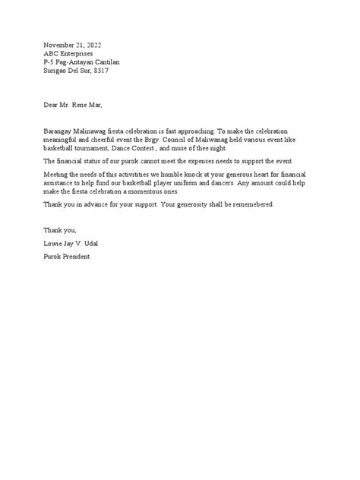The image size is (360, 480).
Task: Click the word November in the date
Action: coord(60,44)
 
